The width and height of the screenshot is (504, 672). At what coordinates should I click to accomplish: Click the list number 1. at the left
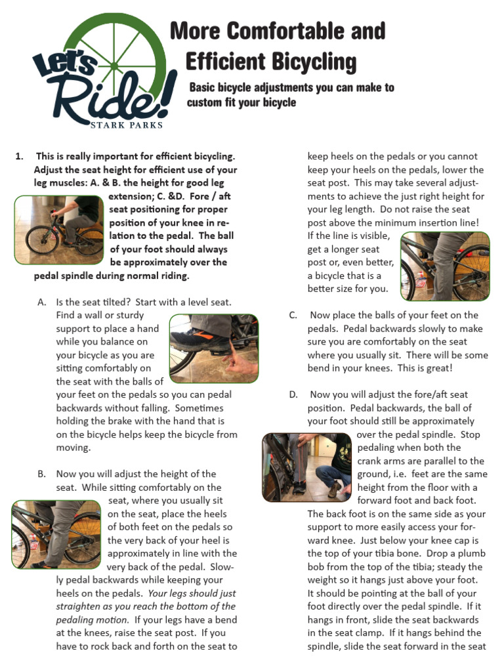coord(20,156)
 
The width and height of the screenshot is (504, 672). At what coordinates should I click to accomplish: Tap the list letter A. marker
coord(43,302)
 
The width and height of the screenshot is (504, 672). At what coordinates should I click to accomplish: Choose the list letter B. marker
coord(43,474)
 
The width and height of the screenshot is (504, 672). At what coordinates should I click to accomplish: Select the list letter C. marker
coord(293,315)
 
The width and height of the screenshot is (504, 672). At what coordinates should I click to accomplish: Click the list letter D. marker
coord(293,394)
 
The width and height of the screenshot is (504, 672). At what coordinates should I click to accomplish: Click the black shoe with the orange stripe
coord(197,339)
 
